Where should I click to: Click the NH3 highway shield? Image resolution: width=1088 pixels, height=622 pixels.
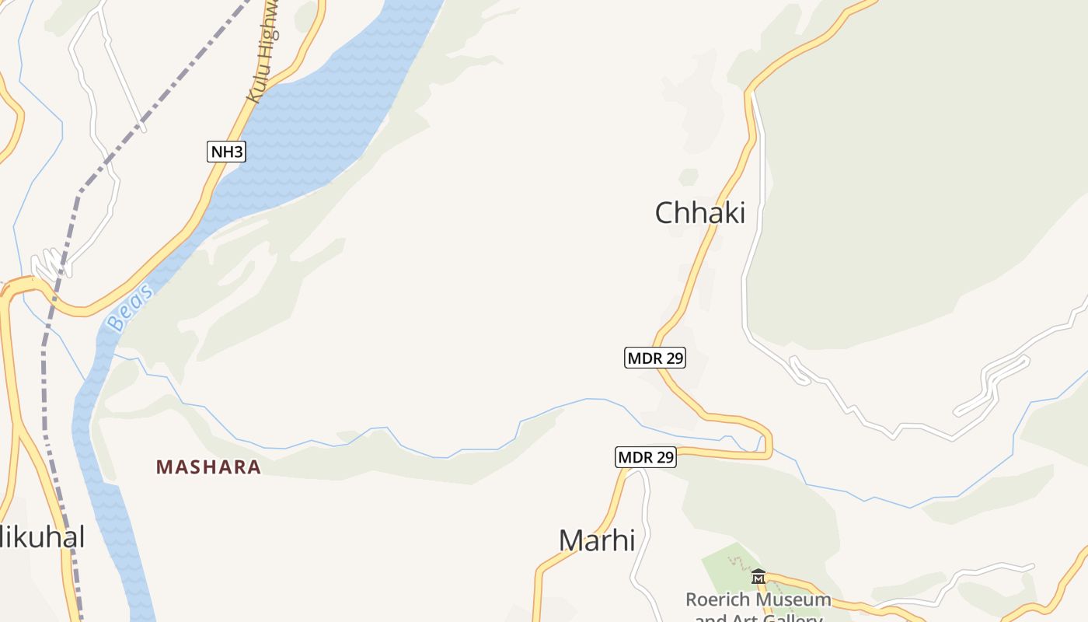point(226,152)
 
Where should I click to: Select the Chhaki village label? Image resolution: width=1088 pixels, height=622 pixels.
point(699,212)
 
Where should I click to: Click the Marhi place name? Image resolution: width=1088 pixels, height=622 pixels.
point(597,540)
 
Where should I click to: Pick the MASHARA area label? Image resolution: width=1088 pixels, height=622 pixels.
point(208,467)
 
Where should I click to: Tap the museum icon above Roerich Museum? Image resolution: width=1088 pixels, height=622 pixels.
point(758,577)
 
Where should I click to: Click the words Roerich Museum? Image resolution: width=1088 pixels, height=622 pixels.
point(758,600)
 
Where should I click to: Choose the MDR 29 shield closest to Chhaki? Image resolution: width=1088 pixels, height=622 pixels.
point(654,358)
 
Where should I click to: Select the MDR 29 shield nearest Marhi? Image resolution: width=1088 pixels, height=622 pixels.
point(645,457)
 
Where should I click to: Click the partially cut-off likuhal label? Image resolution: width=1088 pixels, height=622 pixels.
point(43,536)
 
